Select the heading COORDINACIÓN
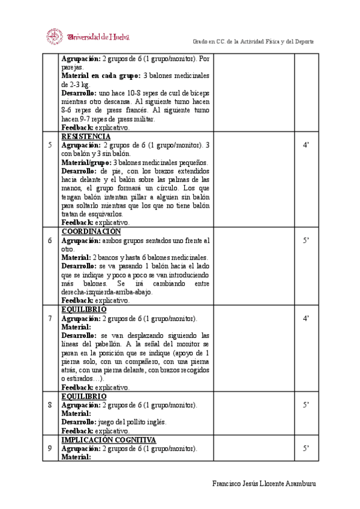tap(91, 231)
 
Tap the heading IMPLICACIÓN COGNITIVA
tap(109, 439)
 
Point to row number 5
tap(50, 145)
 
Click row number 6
tap(50, 240)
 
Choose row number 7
tap(50, 318)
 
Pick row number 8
tap(50, 405)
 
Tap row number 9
tap(50, 448)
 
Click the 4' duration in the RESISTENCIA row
tap(305, 145)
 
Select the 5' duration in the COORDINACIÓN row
tap(305, 240)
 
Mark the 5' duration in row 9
tap(305, 448)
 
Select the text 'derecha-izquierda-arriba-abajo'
tap(107, 292)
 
